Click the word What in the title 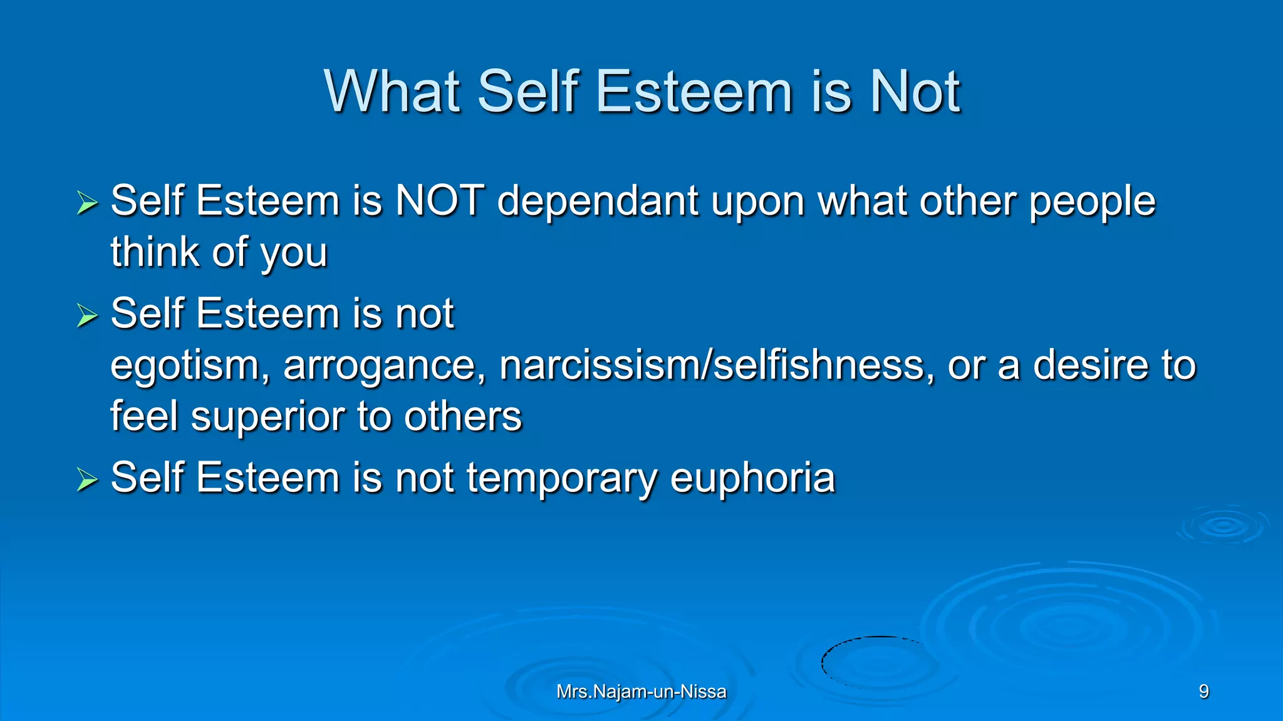pos(393,92)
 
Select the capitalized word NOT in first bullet pos(440,201)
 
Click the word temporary pos(561,478)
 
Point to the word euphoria pos(752,478)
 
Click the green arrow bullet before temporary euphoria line pos(87,480)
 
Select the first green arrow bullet pos(87,203)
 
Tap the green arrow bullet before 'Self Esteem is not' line pos(87,315)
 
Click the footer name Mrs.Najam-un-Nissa pos(641,692)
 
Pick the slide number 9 pos(1203,692)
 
